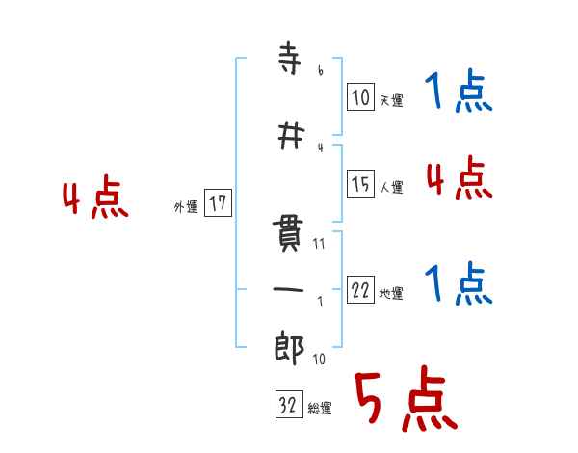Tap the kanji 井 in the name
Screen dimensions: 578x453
click(286, 137)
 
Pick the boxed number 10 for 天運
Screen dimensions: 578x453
click(360, 96)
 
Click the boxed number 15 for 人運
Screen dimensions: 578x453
click(360, 184)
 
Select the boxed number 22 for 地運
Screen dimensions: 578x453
click(360, 291)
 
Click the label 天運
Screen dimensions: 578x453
click(391, 100)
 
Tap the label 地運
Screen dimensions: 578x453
click(391, 294)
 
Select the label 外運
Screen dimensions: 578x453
click(186, 206)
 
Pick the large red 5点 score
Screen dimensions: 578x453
click(404, 400)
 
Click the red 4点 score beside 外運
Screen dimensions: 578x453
click(94, 200)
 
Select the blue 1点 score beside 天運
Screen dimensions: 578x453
click(459, 93)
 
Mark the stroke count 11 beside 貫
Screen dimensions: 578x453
click(319, 243)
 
